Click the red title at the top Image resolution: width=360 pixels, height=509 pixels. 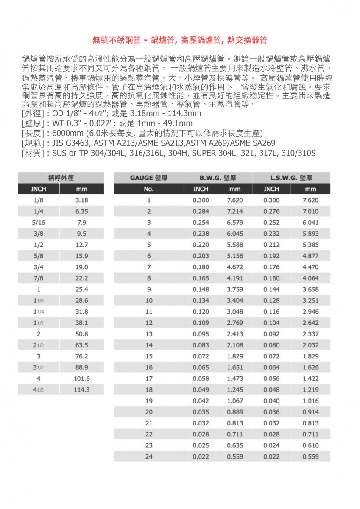[180, 40]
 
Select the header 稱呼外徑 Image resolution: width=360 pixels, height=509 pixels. [61, 178]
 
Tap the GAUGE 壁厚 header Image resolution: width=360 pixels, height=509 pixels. [149, 178]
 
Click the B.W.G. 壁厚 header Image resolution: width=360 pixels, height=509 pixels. [218, 178]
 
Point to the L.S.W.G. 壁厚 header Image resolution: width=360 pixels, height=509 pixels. [291, 178]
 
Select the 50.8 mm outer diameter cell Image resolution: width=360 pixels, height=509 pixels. [81, 334]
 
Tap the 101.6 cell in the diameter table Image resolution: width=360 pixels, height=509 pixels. [81, 378]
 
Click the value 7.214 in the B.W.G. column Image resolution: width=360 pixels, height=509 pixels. [235, 211]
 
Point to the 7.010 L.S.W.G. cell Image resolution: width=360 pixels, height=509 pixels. [310, 211]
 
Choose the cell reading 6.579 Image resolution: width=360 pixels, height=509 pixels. [235, 222]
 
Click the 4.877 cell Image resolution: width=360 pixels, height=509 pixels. [310, 256]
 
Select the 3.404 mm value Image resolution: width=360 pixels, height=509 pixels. [235, 301]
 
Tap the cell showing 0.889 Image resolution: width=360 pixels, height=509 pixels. [235, 412]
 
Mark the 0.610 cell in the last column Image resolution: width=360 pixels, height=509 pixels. [310, 445]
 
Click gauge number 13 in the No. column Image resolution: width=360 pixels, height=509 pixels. [149, 334]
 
